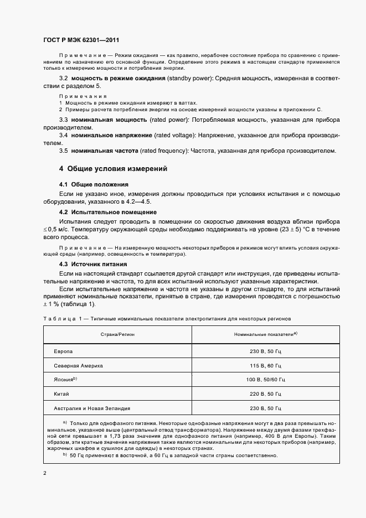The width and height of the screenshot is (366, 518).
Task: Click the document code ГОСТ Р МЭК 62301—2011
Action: [x=81, y=40]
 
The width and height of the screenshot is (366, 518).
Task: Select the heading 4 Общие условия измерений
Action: [x=113, y=168]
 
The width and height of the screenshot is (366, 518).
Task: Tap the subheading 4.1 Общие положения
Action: [x=94, y=184]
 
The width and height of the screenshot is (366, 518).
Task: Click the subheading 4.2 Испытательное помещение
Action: [x=107, y=212]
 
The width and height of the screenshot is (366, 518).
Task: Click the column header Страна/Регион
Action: [x=117, y=335]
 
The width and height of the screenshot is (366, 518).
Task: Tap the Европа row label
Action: [x=63, y=352]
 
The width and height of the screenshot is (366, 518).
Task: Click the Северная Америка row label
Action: [x=79, y=366]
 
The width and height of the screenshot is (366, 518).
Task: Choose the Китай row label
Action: [x=61, y=394]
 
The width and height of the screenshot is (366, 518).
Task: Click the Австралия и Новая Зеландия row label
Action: [x=92, y=408]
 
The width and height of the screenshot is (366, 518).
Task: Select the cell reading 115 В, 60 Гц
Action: [x=266, y=366]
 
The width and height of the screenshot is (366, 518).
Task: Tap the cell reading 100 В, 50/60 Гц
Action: [x=266, y=380]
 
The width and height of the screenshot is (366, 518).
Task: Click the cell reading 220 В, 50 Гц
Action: [x=266, y=394]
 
